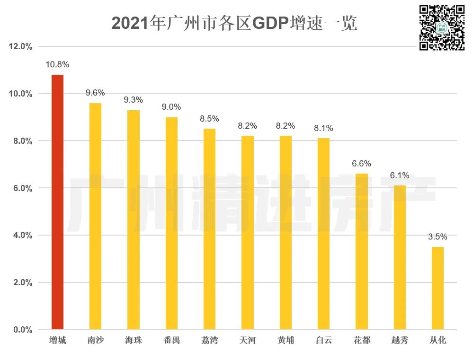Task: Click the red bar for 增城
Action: point(57,202)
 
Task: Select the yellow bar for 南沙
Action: point(95,216)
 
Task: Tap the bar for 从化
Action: point(437,288)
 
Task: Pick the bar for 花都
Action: point(362,251)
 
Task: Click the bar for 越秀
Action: point(400,257)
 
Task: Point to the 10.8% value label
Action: point(57,64)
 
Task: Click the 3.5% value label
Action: point(437,237)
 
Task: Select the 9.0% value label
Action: point(171,107)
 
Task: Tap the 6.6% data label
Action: point(362,164)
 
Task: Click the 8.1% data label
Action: point(323,128)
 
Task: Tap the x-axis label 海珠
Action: point(134,341)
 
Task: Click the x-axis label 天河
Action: point(247,341)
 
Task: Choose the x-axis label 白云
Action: point(323,341)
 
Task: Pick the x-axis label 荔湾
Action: point(209,341)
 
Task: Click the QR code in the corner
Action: point(442,27)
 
